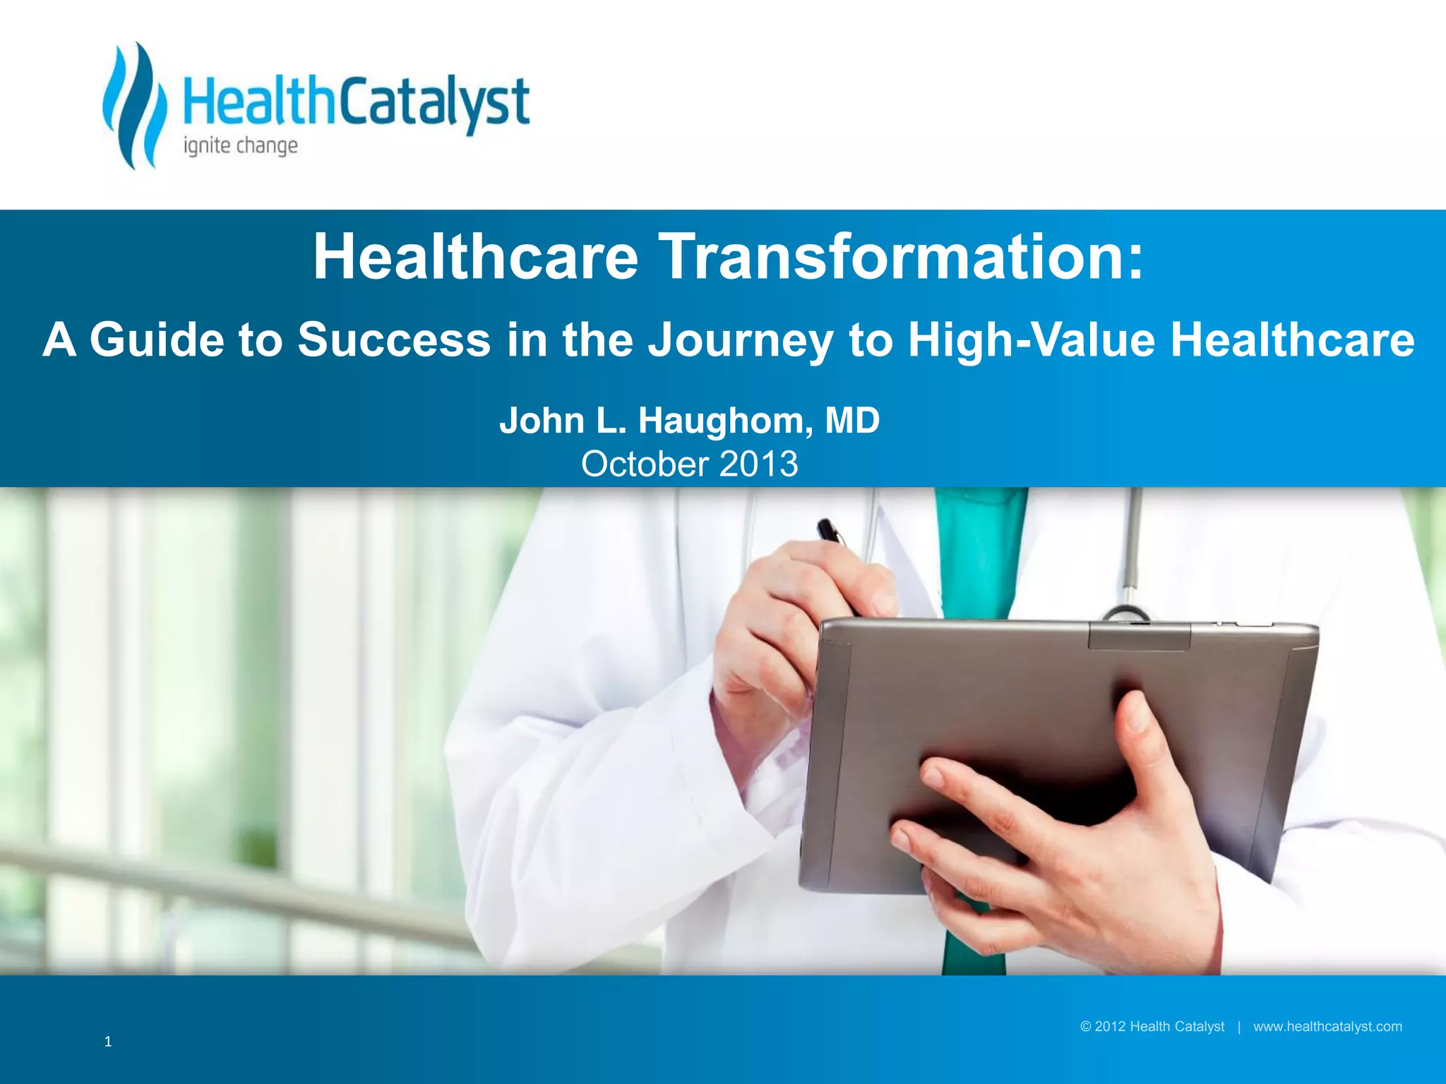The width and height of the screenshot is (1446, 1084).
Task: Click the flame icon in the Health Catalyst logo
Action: click(135, 106)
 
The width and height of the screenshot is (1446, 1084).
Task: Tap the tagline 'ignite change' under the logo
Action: click(240, 147)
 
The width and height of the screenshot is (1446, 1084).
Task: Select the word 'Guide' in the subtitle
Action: click(156, 339)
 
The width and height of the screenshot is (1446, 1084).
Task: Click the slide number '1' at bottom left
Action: click(108, 1042)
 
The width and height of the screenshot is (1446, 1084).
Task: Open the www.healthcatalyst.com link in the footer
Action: click(1327, 1027)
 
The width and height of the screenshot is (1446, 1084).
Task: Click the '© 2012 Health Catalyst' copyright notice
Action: click(1152, 1027)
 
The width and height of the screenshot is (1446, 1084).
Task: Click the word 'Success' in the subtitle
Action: click(393, 339)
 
